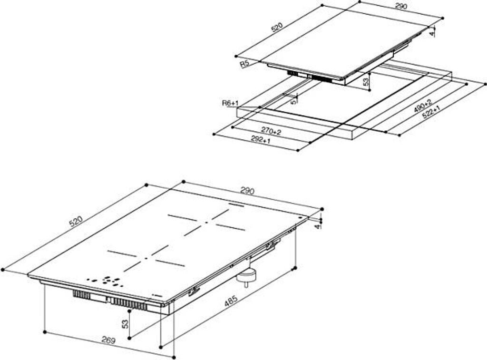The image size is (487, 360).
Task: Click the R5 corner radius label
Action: pos(245,64)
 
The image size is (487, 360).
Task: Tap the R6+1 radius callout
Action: pos(230,103)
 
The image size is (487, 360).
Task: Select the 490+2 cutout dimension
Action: pos(423,106)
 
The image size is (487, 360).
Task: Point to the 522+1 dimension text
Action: pos(431,113)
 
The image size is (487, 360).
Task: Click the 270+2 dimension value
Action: pos(271,131)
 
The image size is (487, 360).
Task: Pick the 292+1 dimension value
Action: pos(261,140)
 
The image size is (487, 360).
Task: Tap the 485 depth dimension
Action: pos(231,301)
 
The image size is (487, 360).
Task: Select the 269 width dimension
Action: pos(109,340)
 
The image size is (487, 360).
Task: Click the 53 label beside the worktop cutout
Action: pos(366,82)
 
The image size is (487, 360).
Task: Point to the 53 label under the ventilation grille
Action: pos(125,324)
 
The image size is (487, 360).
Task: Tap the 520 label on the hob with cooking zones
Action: pos(76,222)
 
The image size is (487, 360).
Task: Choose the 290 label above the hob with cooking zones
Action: pos(247,191)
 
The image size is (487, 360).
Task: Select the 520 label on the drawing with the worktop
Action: pos(277,27)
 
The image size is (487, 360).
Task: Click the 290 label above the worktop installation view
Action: pos(400,6)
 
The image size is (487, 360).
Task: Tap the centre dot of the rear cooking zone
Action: pos(206,223)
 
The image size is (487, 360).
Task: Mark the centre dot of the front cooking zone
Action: pos(146,258)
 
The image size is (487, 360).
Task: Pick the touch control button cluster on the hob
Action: pos(105,281)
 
